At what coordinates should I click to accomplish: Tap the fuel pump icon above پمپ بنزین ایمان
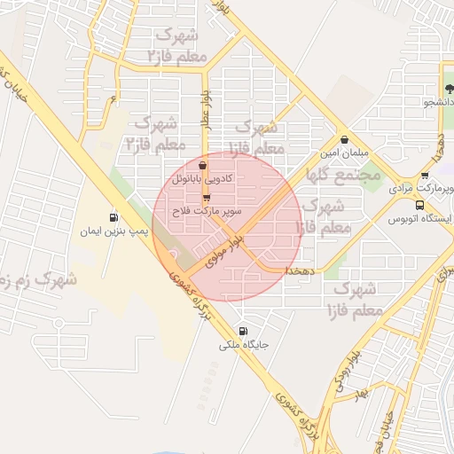coord(113,217)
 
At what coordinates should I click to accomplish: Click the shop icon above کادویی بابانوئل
coord(203,165)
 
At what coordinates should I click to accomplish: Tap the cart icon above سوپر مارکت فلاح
coord(207,199)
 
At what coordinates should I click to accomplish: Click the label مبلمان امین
coord(346,153)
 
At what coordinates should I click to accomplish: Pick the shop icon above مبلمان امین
coord(345,139)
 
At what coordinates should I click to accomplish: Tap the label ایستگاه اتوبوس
coord(425,217)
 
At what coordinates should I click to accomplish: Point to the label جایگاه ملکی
coord(243,344)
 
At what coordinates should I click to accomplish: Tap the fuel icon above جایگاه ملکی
coord(244,331)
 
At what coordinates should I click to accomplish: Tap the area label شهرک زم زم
coord(35,282)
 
